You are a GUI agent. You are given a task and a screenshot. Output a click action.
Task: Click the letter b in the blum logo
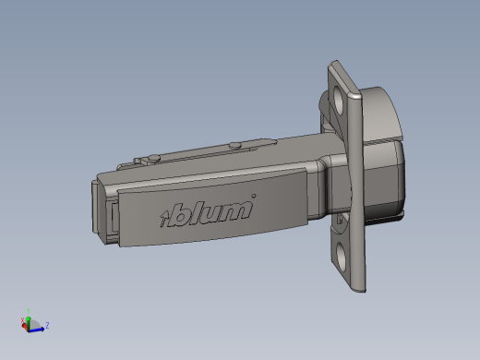coord(178,215)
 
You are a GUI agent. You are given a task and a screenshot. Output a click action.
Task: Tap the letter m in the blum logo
coord(236,210)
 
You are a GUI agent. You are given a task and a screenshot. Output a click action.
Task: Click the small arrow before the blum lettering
coord(163,218)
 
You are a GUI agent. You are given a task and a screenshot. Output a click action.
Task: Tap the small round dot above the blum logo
coord(254,196)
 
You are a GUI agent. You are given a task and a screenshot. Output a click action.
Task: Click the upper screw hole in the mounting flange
coord(339,99)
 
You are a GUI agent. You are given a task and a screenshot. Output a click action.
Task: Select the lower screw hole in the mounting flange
coord(342,257)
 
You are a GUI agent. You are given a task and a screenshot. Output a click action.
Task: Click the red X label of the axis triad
coord(22,320)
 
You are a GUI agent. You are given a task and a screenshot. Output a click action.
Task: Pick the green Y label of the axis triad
coord(28,311)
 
